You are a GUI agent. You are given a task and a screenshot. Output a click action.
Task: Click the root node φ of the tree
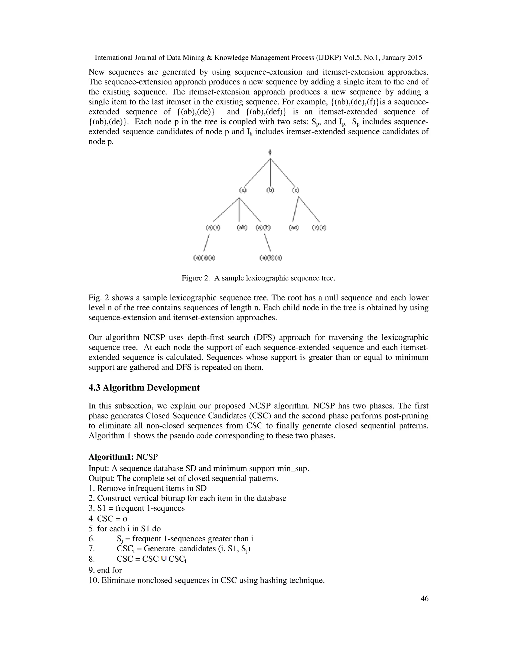[x=270, y=152]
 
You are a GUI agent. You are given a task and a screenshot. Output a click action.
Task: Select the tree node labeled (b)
[x=270, y=190]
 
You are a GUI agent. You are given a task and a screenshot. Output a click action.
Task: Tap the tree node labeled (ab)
[x=242, y=227]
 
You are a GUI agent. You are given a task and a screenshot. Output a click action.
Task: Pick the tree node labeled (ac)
[x=293, y=227]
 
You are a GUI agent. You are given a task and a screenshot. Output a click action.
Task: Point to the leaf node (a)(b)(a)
[x=270, y=258]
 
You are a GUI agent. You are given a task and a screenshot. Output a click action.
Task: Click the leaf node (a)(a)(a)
[x=204, y=258]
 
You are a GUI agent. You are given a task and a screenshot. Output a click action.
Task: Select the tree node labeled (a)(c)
[x=319, y=227]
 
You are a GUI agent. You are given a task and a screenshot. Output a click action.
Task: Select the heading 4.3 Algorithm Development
[x=144, y=388]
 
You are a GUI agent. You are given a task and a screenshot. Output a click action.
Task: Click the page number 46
[x=424, y=598]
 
